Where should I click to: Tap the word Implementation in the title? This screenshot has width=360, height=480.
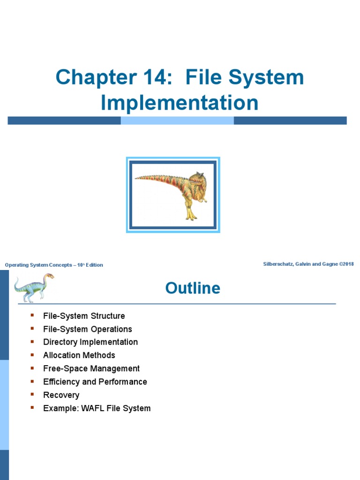[x=180, y=103]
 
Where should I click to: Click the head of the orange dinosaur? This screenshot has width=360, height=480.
[x=196, y=180]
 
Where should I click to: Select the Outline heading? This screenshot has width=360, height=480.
[x=193, y=288]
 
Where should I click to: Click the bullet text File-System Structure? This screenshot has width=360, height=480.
[x=84, y=316]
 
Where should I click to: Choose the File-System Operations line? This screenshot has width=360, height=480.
[x=88, y=329]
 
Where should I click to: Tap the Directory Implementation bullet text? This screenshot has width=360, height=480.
[x=90, y=342]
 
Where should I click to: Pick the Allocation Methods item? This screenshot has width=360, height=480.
[x=79, y=355]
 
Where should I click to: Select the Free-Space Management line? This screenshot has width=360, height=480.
[x=91, y=368]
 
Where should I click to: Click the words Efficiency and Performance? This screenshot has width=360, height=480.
[x=95, y=382]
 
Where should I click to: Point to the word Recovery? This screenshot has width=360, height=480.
[x=61, y=395]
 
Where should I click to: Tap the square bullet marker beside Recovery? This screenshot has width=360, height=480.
[x=32, y=394]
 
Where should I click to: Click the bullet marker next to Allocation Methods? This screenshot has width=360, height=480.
[x=32, y=355]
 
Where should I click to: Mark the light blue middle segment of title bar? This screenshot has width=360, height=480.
[x=177, y=120]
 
